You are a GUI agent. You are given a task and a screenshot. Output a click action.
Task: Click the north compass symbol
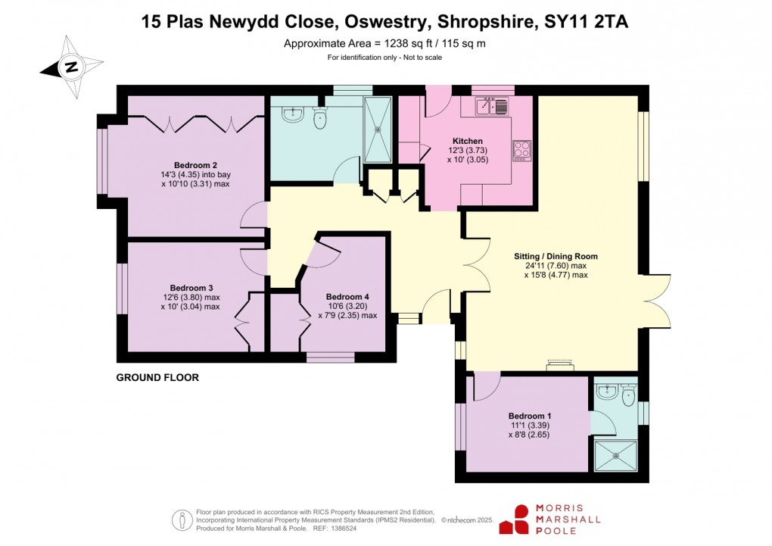click(x=72, y=67)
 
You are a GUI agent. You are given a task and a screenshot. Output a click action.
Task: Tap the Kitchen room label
click(x=467, y=141)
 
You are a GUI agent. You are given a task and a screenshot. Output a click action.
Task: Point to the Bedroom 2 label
click(x=195, y=165)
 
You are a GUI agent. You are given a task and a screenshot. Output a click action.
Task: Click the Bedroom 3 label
click(x=191, y=288)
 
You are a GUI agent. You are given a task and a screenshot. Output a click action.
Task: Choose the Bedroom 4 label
click(x=347, y=297)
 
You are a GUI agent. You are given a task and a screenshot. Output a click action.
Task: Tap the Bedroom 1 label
click(x=530, y=416)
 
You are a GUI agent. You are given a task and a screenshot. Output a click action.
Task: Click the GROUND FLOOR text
click(x=157, y=377)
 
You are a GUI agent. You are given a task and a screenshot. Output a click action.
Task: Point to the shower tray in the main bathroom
click(x=378, y=129)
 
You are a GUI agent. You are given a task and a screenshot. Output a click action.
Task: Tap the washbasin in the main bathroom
click(x=292, y=114)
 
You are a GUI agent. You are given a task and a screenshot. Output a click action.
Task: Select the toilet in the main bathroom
click(x=319, y=117)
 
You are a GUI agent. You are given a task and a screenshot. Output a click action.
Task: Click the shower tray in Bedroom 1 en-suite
click(x=615, y=455)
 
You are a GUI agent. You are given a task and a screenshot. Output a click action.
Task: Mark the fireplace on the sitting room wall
click(x=561, y=367)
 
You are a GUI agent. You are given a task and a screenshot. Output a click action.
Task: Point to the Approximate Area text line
click(x=384, y=43)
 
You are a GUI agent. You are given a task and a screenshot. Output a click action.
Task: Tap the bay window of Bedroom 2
click(x=101, y=160)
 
